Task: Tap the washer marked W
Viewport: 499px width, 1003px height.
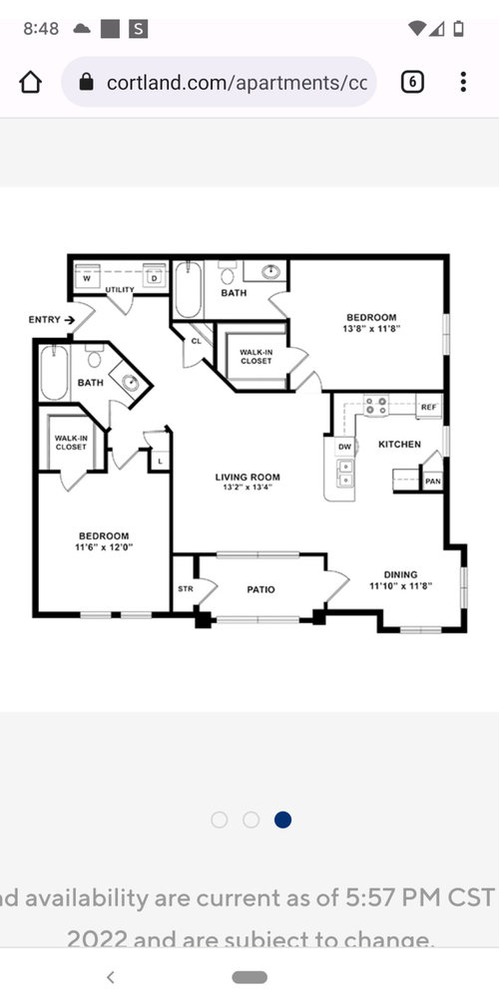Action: (x=87, y=278)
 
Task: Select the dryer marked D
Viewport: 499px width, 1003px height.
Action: (x=154, y=278)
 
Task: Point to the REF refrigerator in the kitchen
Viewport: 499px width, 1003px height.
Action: (x=428, y=407)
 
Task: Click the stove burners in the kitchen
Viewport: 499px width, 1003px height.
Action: (x=376, y=406)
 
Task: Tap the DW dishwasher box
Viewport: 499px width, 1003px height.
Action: (x=344, y=448)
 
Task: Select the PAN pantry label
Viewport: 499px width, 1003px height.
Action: (x=432, y=481)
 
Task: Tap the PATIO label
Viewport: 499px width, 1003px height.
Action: (x=260, y=589)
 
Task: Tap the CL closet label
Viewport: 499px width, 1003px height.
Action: (x=197, y=340)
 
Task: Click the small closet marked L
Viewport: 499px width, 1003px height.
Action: (x=159, y=460)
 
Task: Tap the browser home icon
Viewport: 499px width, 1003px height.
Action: (x=31, y=82)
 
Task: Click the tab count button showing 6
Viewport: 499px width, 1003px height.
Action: (x=412, y=82)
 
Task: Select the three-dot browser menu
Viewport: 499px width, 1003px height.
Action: (x=463, y=82)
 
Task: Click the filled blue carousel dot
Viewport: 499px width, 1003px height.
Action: (x=282, y=820)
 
